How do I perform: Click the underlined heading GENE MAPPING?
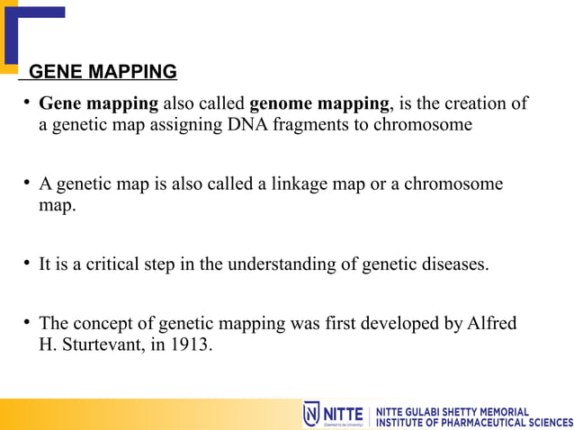103,72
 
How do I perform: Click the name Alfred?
492,323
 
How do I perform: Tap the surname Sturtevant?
96,344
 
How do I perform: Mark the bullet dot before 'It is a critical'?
28,264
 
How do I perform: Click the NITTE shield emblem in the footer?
312,414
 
